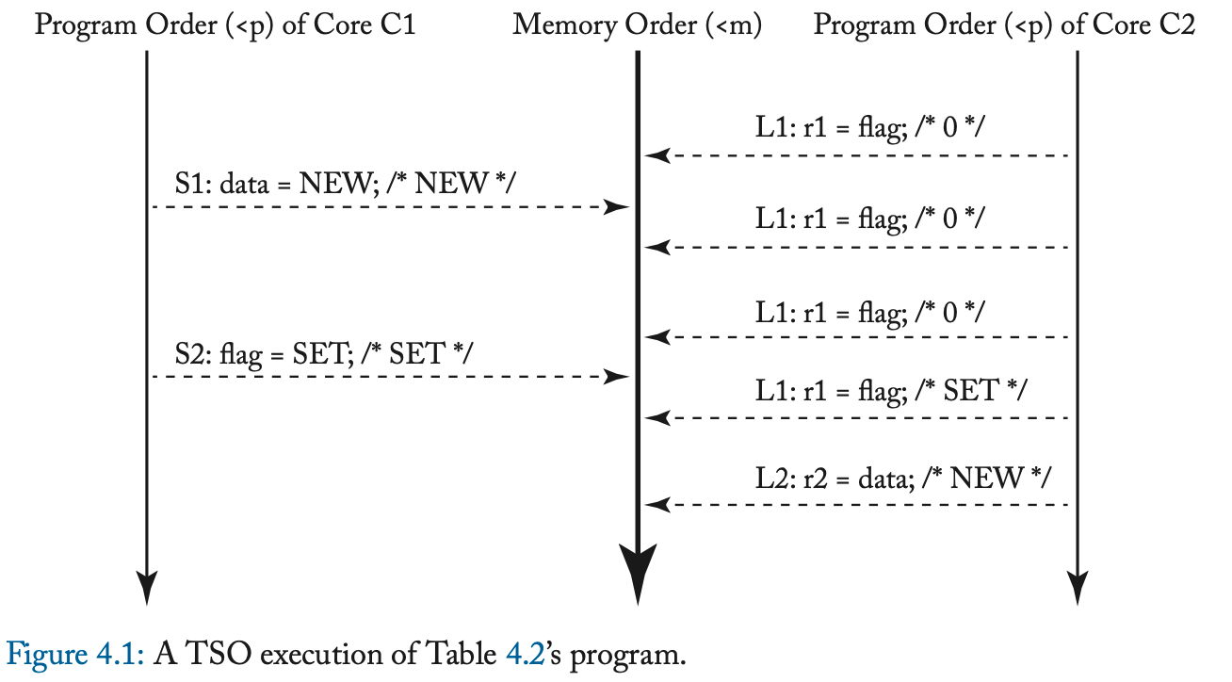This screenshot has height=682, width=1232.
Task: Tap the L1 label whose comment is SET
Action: point(891,389)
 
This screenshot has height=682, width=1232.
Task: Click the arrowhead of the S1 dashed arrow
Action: point(617,206)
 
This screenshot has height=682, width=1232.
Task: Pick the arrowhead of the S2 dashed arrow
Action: point(617,377)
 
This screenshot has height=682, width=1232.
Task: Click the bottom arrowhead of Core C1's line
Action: point(147,588)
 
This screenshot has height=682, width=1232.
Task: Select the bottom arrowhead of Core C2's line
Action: point(1077,588)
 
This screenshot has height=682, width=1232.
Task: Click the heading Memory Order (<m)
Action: point(637,24)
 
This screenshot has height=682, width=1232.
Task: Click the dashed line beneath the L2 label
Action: point(867,505)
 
